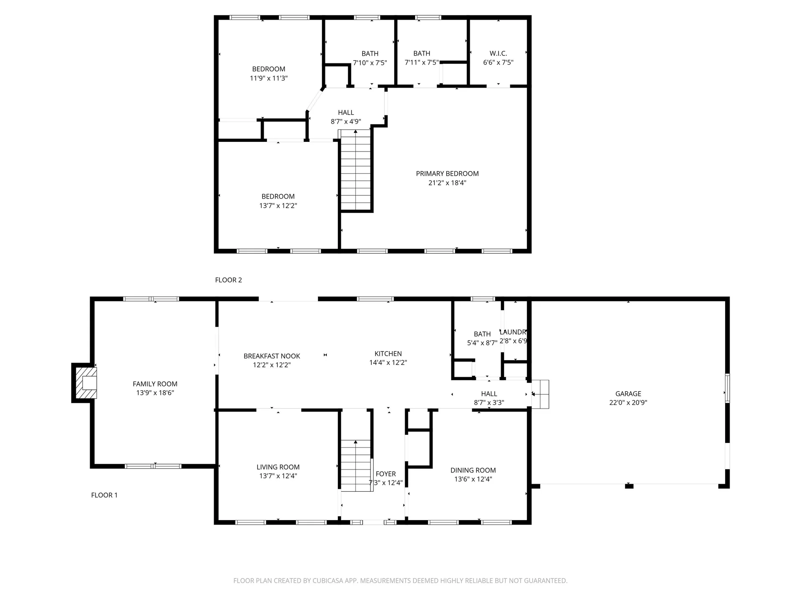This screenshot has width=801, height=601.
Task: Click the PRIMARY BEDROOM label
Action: tap(447, 174)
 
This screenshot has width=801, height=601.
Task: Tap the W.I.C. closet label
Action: tap(498, 53)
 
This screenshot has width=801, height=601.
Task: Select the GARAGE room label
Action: tap(628, 394)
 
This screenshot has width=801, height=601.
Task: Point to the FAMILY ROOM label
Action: tap(155, 384)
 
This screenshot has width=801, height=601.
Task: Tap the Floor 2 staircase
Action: tap(356, 170)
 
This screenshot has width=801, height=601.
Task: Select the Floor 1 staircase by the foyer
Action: tap(356, 465)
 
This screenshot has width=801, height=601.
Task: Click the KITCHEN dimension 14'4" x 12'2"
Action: tap(388, 363)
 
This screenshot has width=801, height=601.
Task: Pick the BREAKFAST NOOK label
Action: tap(272, 356)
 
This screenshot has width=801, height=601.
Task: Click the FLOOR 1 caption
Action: tap(104, 495)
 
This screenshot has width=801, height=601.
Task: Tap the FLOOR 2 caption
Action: tap(229, 280)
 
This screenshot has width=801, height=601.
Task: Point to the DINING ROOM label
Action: tap(473, 470)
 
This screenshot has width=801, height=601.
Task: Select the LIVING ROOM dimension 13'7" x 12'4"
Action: tap(278, 476)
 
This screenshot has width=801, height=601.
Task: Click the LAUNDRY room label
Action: tap(513, 332)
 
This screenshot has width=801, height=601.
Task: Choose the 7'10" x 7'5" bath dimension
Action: tap(370, 63)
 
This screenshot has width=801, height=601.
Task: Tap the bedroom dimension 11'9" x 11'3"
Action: tap(269, 78)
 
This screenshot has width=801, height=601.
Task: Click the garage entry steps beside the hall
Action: tap(540, 394)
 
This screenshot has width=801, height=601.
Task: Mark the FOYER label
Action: tap(385, 474)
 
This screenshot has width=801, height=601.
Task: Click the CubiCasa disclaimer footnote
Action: tap(400, 581)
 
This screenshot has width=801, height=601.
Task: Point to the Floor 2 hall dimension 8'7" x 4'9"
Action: tap(346, 122)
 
